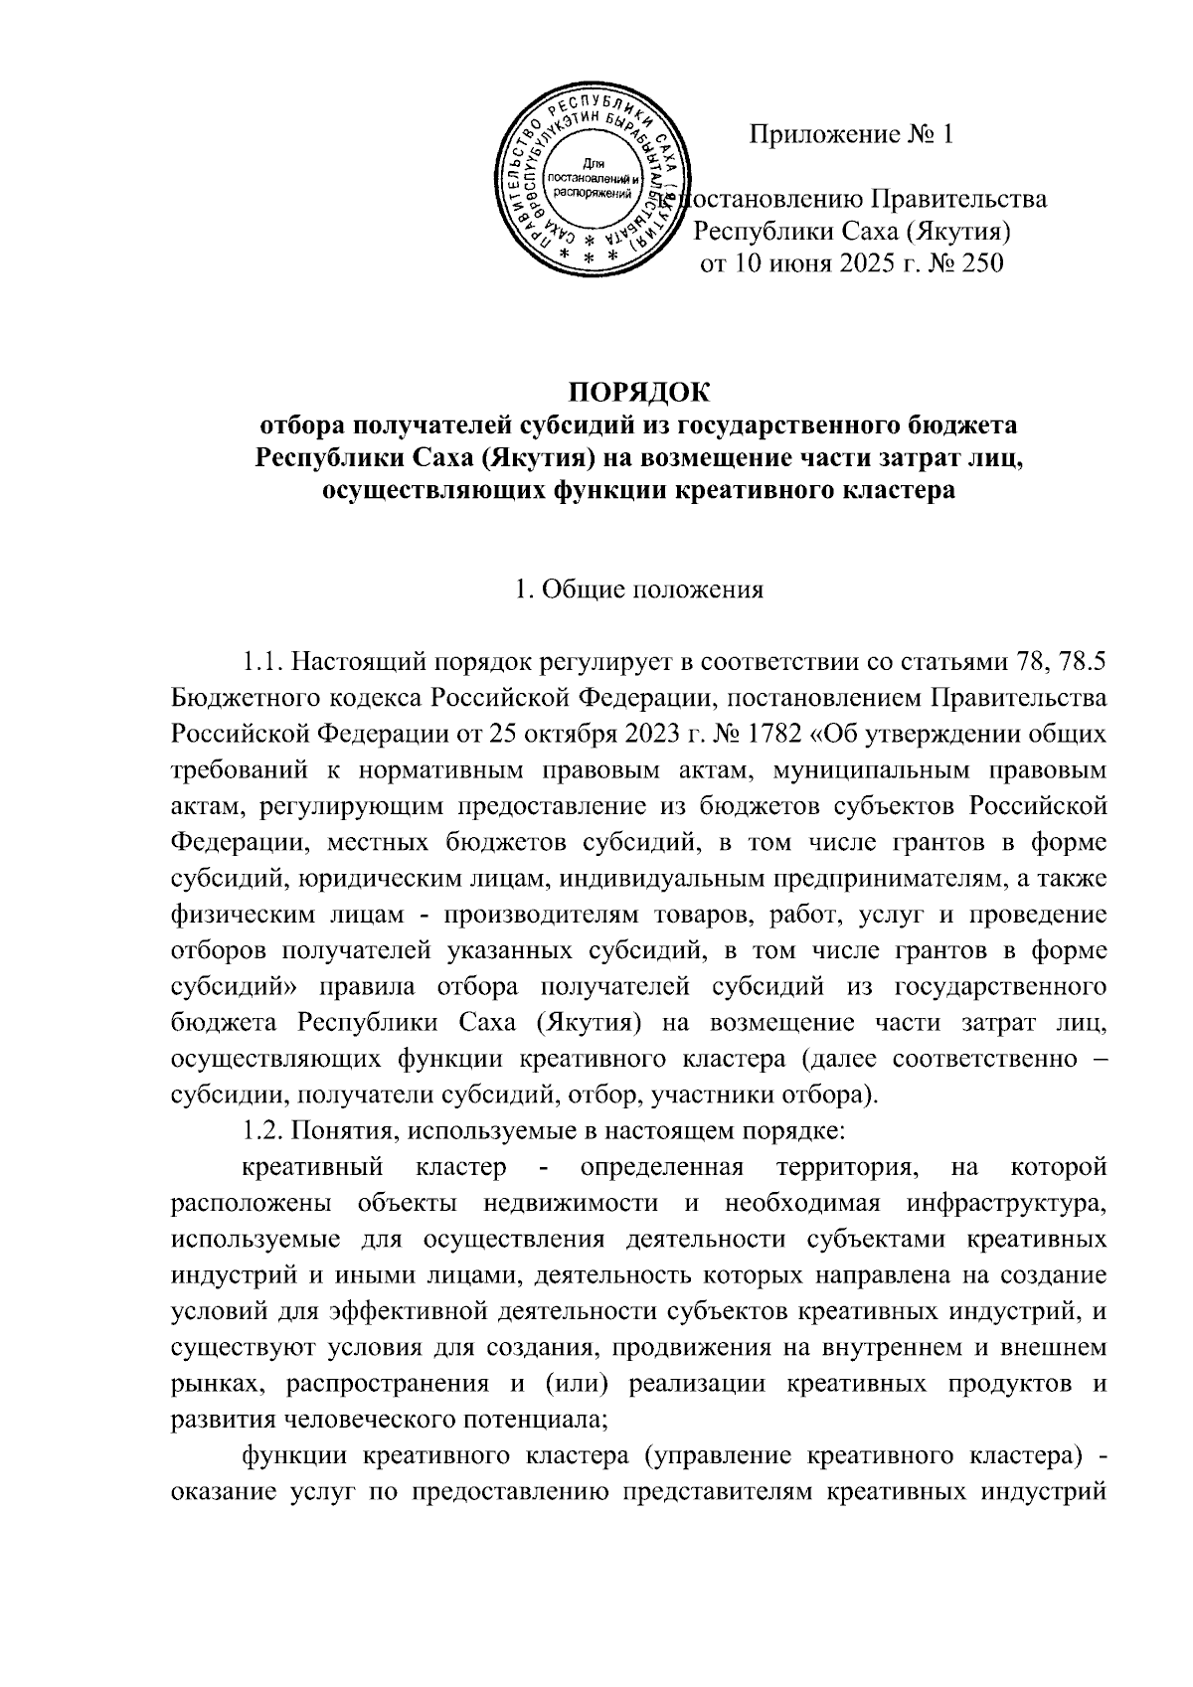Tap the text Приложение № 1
point(851,134)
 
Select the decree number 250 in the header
point(977,264)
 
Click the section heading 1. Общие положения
point(639,589)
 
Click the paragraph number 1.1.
point(262,661)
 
